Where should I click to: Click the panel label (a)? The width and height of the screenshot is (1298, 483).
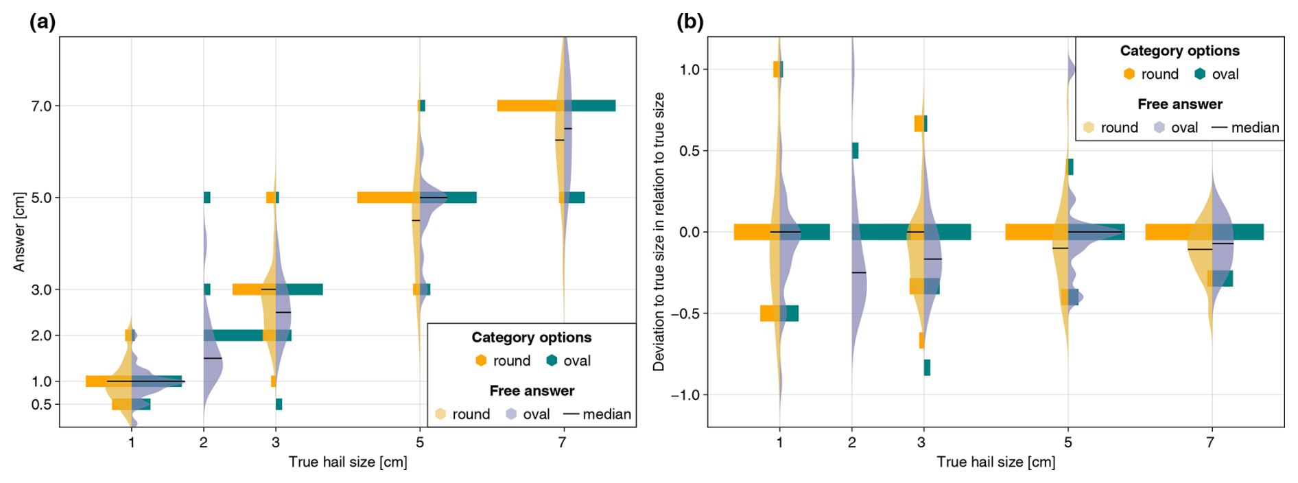42,22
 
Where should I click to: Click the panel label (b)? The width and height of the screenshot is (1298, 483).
689,22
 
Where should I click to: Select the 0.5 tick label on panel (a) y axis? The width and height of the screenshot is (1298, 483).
41,404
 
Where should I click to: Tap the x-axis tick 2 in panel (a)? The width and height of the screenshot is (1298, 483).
204,443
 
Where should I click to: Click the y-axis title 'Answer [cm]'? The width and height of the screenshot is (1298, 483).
19,232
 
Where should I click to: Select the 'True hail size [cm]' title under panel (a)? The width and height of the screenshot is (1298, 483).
348,462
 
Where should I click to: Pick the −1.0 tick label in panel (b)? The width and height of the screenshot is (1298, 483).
685,395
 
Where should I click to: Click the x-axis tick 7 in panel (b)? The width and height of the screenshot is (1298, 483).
1211,443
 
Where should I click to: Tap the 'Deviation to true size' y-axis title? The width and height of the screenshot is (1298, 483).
659,232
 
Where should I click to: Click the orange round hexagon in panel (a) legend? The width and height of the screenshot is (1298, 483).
481,361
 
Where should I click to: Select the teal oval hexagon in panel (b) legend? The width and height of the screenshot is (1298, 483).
1200,74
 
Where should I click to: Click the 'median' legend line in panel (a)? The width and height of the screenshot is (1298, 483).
571,414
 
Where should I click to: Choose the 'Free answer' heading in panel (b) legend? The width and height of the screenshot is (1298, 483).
1179,104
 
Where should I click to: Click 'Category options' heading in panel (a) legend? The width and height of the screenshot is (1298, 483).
531,338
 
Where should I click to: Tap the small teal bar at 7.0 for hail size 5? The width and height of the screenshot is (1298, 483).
422,106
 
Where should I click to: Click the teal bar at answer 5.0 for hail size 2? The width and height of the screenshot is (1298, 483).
207,198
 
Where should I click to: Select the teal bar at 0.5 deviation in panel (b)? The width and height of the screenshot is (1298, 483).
855,150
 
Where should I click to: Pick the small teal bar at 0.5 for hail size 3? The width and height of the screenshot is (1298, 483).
279,404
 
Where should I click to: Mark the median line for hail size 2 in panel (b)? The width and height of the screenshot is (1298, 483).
858,272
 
